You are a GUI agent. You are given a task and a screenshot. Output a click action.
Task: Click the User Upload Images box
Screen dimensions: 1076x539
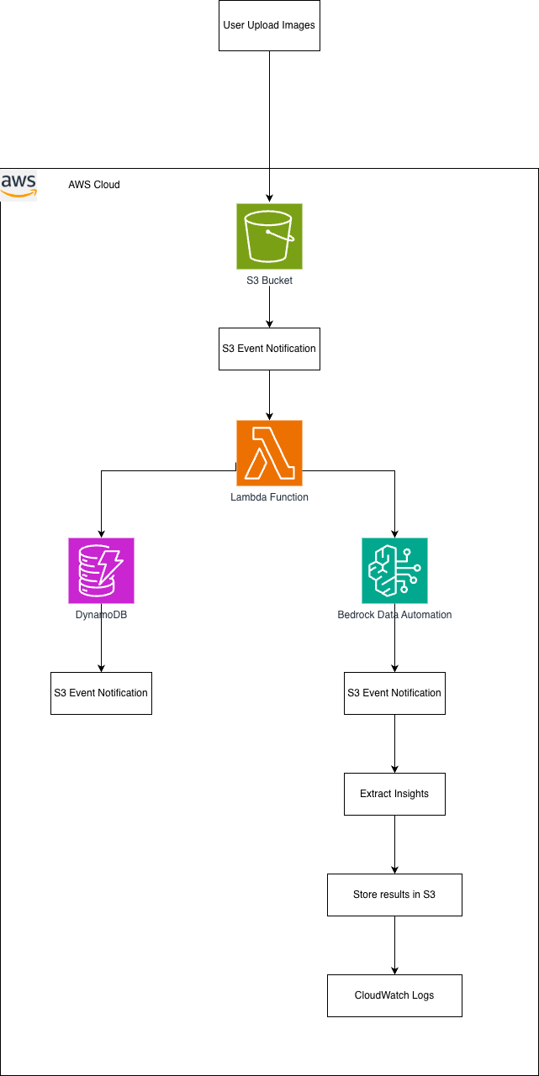click(x=269, y=25)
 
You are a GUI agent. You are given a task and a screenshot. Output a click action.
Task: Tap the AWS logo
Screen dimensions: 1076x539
click(x=19, y=184)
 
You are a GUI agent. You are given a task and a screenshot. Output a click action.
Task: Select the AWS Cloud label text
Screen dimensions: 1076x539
click(x=94, y=184)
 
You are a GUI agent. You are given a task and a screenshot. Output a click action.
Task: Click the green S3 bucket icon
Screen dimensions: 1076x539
click(x=269, y=236)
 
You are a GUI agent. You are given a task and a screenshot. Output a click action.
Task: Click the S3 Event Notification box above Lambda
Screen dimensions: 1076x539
click(x=269, y=349)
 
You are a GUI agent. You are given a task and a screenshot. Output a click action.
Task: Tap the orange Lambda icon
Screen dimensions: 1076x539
click(x=269, y=453)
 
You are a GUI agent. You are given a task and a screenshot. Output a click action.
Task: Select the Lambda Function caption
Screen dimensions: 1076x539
click(x=269, y=497)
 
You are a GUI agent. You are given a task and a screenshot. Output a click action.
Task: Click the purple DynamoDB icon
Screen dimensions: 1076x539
click(x=101, y=570)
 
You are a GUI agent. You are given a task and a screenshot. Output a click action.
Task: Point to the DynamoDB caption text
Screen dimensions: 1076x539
click(x=101, y=614)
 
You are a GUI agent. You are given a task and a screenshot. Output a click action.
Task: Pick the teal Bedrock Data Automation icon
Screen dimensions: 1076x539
click(x=394, y=570)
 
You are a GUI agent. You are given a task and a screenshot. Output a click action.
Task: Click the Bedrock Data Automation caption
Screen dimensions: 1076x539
click(x=394, y=615)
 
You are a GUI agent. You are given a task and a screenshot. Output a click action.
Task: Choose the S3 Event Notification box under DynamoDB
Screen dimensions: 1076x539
click(x=101, y=693)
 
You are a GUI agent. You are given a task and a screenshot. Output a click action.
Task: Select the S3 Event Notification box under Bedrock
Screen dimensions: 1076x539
click(x=394, y=693)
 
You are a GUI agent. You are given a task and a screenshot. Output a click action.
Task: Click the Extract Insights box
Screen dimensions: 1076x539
click(x=394, y=794)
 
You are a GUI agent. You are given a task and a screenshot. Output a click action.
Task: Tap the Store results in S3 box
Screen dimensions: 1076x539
click(x=394, y=895)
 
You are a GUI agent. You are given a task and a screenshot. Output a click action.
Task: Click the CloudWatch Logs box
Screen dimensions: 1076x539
click(x=394, y=995)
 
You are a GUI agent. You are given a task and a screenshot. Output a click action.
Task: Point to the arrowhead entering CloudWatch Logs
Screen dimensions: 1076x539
click(x=394, y=970)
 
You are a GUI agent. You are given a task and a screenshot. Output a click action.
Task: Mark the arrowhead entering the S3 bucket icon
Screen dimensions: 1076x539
click(x=269, y=198)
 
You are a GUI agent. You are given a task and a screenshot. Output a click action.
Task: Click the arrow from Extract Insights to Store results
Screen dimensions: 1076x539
click(x=394, y=844)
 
